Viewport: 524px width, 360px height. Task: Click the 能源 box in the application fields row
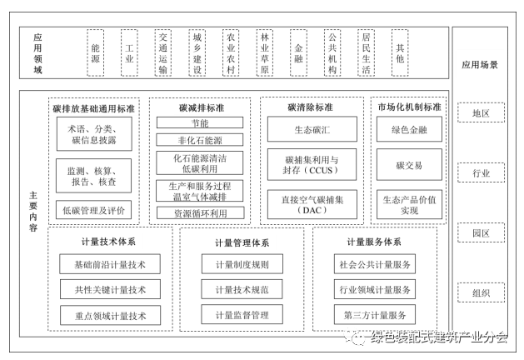pyautogui.click(x=95, y=53)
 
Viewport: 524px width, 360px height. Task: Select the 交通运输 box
pyautogui.click(x=163, y=53)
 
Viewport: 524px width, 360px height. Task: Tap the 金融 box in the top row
pyautogui.click(x=298, y=53)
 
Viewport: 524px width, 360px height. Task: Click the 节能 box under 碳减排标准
pyautogui.click(x=200, y=123)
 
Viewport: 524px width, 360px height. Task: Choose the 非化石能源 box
pyautogui.click(x=200, y=140)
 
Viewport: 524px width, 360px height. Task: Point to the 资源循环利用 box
pyautogui.click(x=200, y=212)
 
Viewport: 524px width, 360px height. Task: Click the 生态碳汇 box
pyautogui.click(x=312, y=130)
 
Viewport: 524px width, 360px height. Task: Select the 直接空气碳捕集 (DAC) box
pyautogui.click(x=312, y=205)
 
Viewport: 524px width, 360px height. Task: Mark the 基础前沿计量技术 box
pyautogui.click(x=104, y=266)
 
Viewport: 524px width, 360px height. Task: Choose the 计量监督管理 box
pyautogui.click(x=242, y=315)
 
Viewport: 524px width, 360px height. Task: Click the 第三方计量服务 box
pyautogui.click(x=374, y=315)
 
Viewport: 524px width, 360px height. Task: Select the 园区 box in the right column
pyautogui.click(x=481, y=234)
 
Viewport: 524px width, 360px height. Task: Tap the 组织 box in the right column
pyautogui.click(x=481, y=292)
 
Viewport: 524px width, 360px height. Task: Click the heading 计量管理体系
pyautogui.click(x=242, y=242)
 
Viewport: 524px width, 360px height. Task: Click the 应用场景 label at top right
pyautogui.click(x=480, y=64)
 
